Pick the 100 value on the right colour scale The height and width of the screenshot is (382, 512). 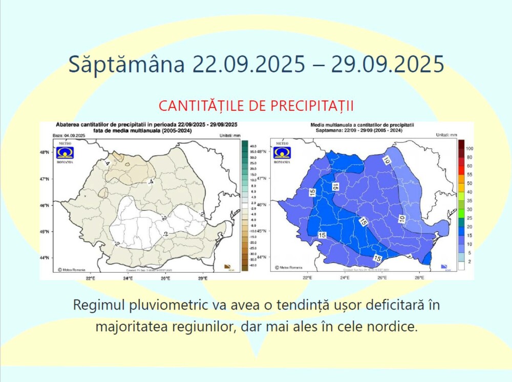[470, 148]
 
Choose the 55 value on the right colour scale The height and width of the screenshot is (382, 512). [469, 175]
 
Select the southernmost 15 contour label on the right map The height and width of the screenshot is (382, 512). [378, 258]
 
